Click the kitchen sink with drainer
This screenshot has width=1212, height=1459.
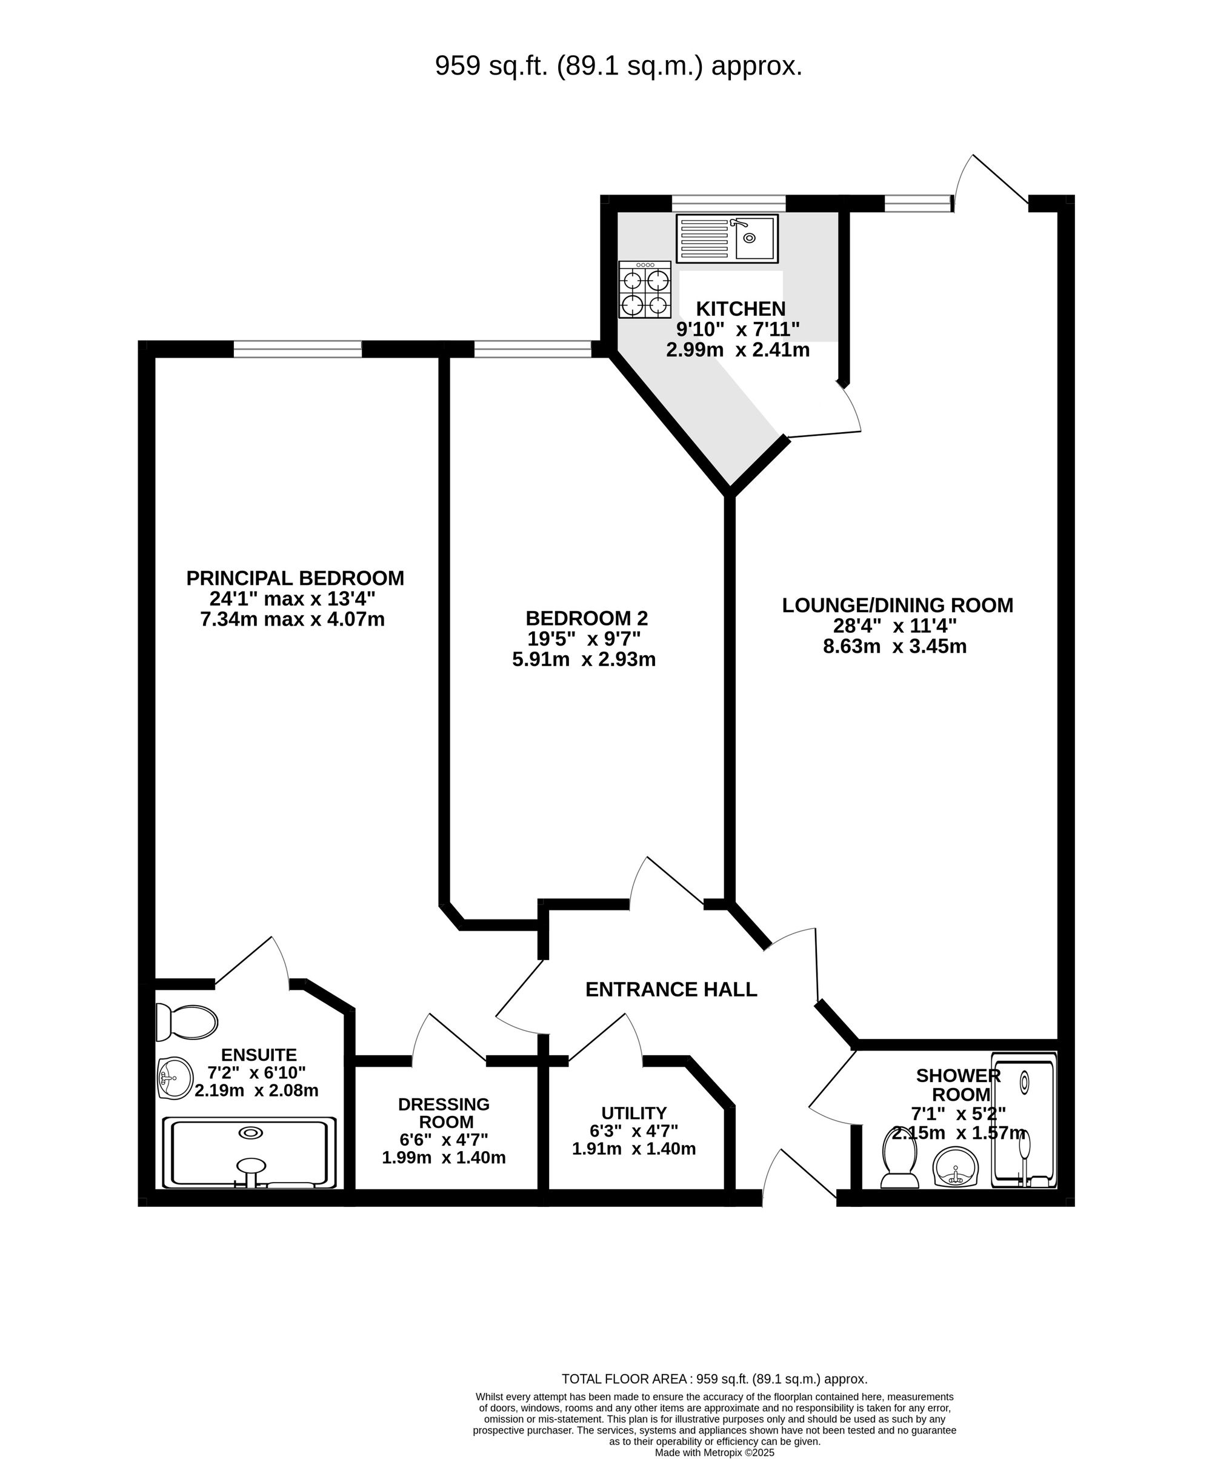(727, 238)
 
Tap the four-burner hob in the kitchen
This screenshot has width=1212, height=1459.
(645, 290)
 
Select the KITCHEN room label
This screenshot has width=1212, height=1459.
(741, 309)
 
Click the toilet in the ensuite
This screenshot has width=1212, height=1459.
(186, 1022)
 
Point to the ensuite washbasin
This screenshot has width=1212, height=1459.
(175, 1079)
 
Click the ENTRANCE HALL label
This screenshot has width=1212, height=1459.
(671, 989)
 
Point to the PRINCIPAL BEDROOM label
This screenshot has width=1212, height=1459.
(295, 578)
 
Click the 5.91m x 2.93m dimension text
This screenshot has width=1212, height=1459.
(584, 659)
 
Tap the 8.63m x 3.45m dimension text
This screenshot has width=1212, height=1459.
(894, 646)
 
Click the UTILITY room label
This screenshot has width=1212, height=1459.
(633, 1113)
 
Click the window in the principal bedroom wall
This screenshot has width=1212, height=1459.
(298, 349)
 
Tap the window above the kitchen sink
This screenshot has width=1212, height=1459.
(728, 203)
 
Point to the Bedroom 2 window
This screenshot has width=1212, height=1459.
(532, 349)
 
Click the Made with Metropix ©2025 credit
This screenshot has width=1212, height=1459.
(714, 1452)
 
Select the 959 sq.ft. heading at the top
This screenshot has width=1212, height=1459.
(618, 66)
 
